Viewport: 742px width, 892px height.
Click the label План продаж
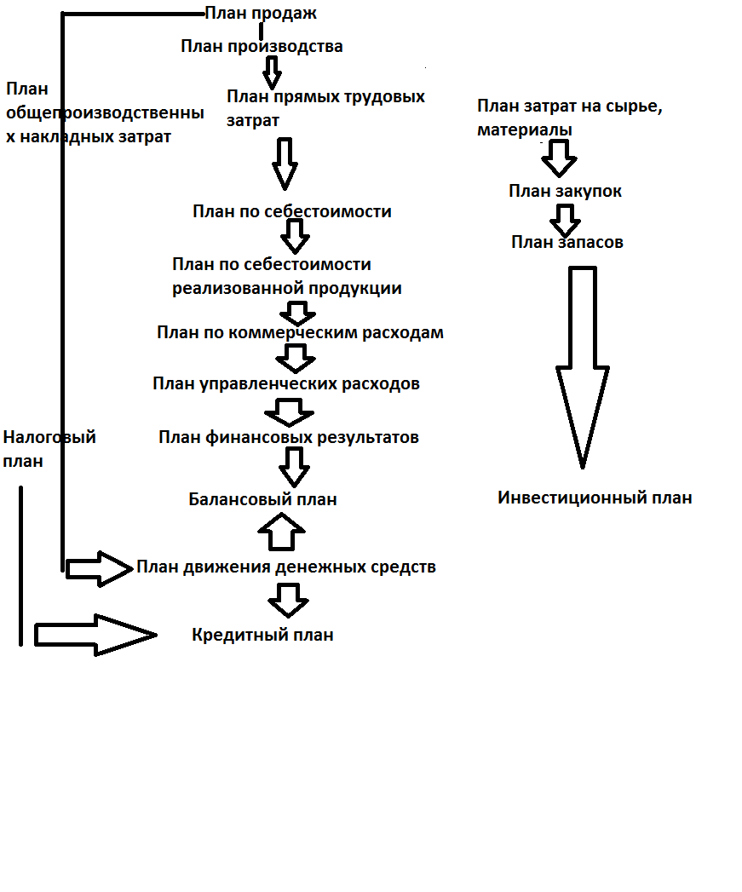pos(261,13)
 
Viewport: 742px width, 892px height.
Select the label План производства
pos(262,46)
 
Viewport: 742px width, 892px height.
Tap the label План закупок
pos(565,191)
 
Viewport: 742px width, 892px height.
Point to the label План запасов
pos(567,242)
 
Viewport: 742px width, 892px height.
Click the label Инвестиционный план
pos(595,498)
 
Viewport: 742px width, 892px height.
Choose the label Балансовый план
pos(263,499)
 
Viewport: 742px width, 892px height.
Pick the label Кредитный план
pos(262,635)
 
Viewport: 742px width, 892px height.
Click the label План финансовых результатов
pos(289,437)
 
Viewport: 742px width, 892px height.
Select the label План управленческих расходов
pos(286,384)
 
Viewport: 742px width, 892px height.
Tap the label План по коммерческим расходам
pos(300,333)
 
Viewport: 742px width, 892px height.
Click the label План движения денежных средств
pos(286,567)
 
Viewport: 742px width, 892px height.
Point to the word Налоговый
pos(49,437)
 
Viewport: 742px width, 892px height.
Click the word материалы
pos(525,130)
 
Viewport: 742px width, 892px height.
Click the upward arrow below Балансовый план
pos(282,532)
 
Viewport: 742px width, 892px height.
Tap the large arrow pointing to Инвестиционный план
pos(583,367)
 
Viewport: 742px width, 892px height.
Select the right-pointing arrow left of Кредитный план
pos(95,635)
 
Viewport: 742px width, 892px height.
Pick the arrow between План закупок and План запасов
pos(565,221)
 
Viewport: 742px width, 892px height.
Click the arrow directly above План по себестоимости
pos(285,164)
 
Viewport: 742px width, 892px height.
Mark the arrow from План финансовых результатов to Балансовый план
pos(294,468)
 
